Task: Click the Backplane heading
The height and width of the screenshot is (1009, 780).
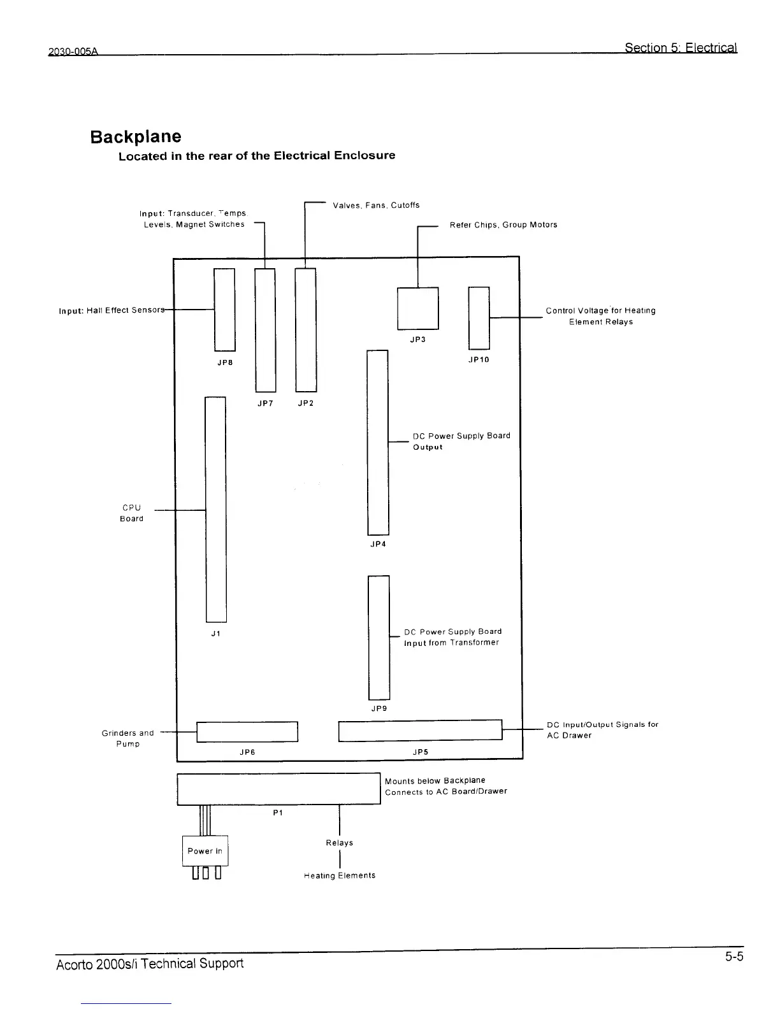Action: pos(135,137)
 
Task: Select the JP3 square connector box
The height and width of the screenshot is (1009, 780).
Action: pos(417,308)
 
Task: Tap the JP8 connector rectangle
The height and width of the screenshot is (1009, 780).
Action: pos(224,310)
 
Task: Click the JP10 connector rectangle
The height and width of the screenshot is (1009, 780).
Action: pos(479,318)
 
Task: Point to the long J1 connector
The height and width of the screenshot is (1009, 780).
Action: pos(215,509)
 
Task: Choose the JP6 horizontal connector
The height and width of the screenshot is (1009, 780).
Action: pos(247,732)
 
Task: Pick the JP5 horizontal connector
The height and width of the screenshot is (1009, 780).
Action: pos(420,730)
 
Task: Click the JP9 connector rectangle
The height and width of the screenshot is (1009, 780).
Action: pos(379,637)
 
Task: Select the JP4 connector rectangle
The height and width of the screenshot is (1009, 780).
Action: pos(378,443)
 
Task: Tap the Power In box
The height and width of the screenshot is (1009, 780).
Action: pos(205,851)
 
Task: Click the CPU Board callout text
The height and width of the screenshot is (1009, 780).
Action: pos(131,513)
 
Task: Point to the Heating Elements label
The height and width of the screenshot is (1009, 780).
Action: pos(340,875)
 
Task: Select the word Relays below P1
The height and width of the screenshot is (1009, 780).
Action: pos(339,843)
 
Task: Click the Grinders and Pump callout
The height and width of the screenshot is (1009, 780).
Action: pos(127,738)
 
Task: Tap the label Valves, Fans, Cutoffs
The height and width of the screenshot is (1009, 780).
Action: pos(376,205)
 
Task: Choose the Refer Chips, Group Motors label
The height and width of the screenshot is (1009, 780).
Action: pos(503,225)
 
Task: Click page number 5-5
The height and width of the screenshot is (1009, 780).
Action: pos(733,957)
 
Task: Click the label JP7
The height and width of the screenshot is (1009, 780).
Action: pos(265,403)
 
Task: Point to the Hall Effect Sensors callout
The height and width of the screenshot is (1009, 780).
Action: pos(112,310)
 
